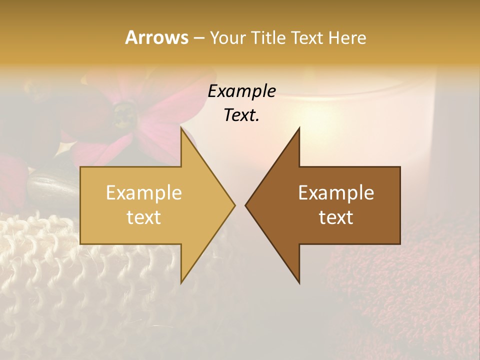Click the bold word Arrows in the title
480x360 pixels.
pyautogui.click(x=156, y=37)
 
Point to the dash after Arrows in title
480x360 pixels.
pyautogui.click(x=198, y=38)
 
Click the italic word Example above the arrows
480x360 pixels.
pyautogui.click(x=242, y=91)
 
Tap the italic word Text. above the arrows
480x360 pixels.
pyautogui.click(x=242, y=115)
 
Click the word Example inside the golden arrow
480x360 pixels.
pyautogui.click(x=144, y=192)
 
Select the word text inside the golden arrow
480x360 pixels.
pyautogui.click(x=144, y=217)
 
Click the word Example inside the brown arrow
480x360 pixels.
pyautogui.click(x=336, y=192)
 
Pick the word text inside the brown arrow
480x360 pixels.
pyautogui.click(x=336, y=217)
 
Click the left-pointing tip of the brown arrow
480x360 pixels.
pyautogui.click(x=246, y=205)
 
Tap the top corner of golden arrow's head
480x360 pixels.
pyautogui.click(x=181, y=129)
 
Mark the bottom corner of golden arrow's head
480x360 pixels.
pyautogui.click(x=181, y=282)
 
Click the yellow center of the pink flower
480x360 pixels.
pyautogui.click(x=121, y=116)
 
